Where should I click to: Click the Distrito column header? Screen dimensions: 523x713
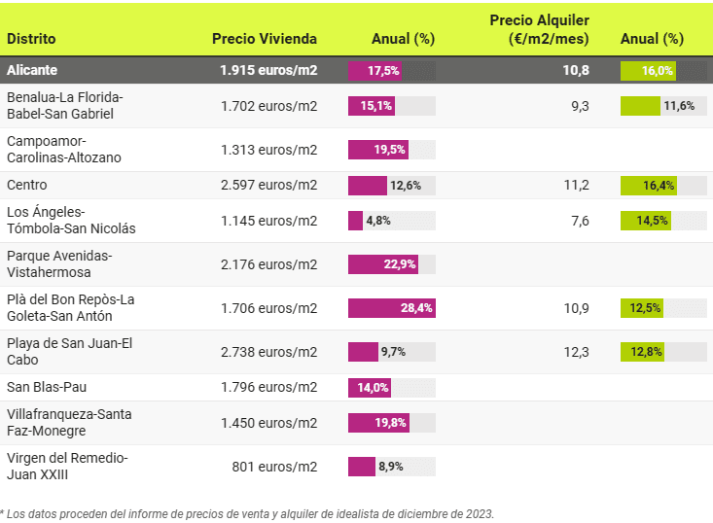(x=31, y=39)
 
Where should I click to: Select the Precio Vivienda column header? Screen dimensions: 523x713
(x=265, y=39)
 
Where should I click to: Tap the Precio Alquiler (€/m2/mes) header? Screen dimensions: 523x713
(x=539, y=29)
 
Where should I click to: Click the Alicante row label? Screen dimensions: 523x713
(x=32, y=71)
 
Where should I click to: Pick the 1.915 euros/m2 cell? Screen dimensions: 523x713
(x=269, y=71)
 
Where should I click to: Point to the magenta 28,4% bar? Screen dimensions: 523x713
(x=391, y=308)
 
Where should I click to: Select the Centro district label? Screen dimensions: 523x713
(x=27, y=185)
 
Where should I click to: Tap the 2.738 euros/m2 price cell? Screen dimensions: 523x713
(x=269, y=352)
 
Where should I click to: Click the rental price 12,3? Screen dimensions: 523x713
(x=578, y=352)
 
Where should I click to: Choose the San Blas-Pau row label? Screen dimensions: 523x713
(x=47, y=387)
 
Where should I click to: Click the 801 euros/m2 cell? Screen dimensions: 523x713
(x=276, y=467)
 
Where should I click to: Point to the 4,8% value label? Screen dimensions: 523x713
(x=378, y=221)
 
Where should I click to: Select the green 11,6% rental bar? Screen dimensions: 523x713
(x=640, y=106)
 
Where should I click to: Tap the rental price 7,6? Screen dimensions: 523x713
(x=580, y=221)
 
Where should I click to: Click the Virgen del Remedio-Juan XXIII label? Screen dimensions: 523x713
(x=67, y=466)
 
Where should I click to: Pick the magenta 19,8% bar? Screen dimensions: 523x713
(x=378, y=423)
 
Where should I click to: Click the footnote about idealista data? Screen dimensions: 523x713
(x=248, y=512)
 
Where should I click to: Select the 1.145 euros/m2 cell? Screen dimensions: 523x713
(x=269, y=221)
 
